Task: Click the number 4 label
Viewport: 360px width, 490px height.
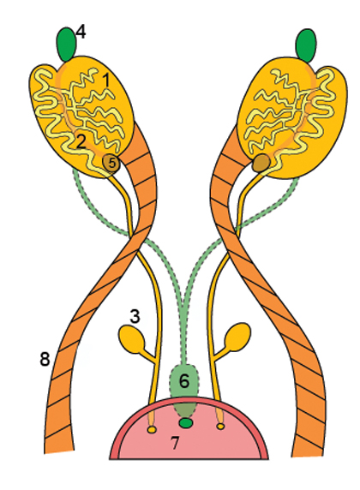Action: coord(81,33)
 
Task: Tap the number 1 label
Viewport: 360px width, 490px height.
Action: coord(106,80)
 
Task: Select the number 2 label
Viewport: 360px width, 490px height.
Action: coord(81,141)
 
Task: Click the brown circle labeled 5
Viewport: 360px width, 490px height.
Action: coord(111,164)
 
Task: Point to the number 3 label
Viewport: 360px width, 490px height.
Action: coord(135,316)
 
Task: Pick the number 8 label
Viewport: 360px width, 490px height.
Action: coord(45,359)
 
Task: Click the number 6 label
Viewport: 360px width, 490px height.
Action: coord(184,381)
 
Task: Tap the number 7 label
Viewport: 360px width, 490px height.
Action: coord(175,443)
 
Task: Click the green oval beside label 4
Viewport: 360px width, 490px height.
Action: coord(66,45)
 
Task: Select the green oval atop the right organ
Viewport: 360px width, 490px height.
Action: coord(306,45)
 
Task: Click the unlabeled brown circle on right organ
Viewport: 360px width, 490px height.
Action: coord(261,163)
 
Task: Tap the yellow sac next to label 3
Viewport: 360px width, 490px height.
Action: coord(132,338)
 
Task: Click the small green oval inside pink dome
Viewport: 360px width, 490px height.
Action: coord(186,423)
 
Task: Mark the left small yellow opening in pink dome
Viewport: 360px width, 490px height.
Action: coord(152,430)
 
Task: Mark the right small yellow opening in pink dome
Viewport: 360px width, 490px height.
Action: coord(221,426)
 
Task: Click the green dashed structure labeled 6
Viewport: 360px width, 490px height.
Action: coord(184,391)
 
